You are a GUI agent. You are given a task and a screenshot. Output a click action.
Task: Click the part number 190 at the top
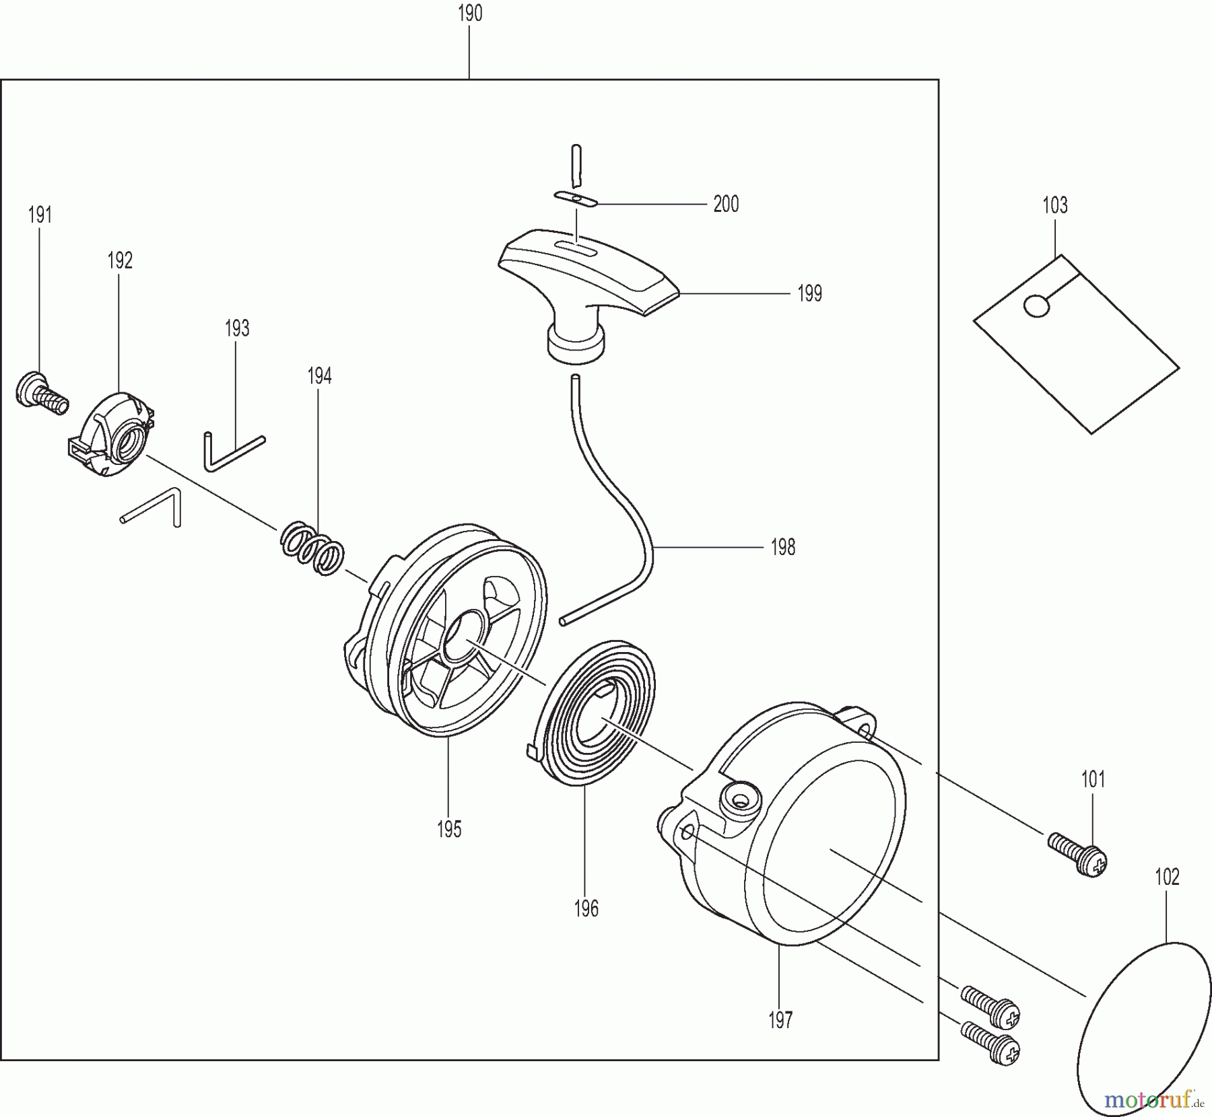click(470, 13)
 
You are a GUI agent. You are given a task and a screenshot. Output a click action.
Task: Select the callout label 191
click(40, 215)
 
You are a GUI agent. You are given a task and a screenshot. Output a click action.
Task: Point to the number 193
click(237, 328)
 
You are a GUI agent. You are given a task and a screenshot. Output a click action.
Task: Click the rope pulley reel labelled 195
click(444, 639)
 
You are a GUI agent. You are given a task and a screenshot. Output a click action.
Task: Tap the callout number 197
click(780, 1020)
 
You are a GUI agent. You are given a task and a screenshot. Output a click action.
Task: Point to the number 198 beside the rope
click(783, 548)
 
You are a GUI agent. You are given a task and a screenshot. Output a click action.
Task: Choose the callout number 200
click(726, 204)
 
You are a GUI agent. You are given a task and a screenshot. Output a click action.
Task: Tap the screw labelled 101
click(1078, 854)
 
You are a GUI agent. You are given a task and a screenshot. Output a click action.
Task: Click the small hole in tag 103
click(1036, 306)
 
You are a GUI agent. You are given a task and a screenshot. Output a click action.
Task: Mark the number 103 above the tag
click(1055, 205)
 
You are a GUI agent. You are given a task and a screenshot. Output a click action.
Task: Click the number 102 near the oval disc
click(1167, 877)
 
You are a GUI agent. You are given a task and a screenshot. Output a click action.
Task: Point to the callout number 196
click(586, 910)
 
